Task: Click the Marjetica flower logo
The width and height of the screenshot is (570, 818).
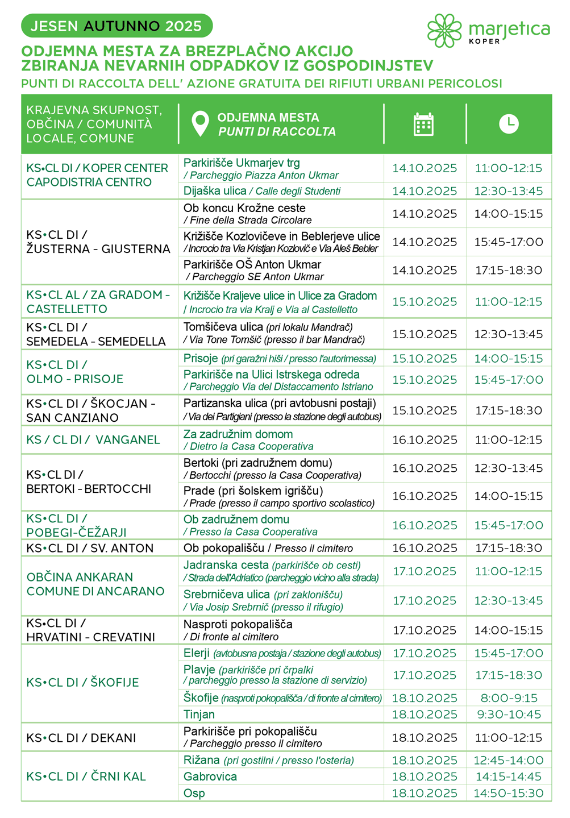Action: [444, 30]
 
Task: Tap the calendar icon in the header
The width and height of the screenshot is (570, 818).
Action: [424, 124]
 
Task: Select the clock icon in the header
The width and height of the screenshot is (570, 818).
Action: [509, 123]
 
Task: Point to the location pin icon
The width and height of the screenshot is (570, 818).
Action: [200, 124]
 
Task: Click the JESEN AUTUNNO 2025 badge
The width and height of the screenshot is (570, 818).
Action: [117, 26]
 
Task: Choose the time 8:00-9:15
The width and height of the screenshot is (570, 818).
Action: [509, 698]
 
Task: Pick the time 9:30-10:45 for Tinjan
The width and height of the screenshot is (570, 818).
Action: [509, 715]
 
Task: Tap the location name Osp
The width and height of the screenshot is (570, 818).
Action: [194, 793]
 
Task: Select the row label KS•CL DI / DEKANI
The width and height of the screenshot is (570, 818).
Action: [81, 738]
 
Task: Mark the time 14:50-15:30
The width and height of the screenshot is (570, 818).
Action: [509, 793]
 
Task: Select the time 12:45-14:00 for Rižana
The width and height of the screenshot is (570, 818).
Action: [509, 761]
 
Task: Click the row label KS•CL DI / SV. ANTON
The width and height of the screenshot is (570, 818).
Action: [90, 548]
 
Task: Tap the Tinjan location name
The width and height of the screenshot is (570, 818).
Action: [199, 715]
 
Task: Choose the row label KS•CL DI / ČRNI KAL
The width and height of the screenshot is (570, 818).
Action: [86, 777]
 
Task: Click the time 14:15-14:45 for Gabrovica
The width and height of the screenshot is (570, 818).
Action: [509, 777]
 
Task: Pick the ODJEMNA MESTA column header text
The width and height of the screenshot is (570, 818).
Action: [268, 118]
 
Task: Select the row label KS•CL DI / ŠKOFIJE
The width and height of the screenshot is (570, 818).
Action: [82, 682]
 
